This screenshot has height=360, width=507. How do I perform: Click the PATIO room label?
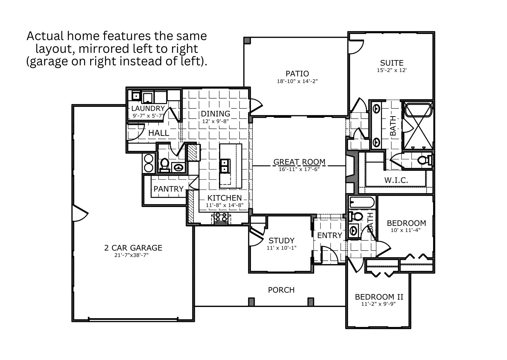pyautogui.click(x=297, y=74)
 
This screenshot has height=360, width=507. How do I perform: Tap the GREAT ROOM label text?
pyautogui.click(x=299, y=162)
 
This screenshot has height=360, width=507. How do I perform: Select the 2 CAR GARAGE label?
pyautogui.click(x=133, y=248)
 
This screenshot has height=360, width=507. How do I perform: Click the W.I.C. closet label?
pyautogui.click(x=396, y=180)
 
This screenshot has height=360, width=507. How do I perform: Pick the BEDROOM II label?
pyautogui.click(x=379, y=297)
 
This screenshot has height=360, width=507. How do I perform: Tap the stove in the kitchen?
pyautogui.click(x=221, y=217)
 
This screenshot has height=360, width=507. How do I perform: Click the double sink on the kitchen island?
pyautogui.click(x=225, y=166)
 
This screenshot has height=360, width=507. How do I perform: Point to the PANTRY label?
pyautogui.click(x=169, y=189)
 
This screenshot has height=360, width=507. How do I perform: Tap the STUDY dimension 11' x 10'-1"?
pyautogui.click(x=281, y=248)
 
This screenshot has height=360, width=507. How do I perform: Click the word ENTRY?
pyautogui.click(x=329, y=235)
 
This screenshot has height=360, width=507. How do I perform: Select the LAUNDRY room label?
pyautogui.click(x=148, y=108)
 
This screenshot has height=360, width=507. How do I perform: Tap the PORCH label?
pyautogui.click(x=281, y=290)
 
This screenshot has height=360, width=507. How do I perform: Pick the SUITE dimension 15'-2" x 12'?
pyautogui.click(x=392, y=70)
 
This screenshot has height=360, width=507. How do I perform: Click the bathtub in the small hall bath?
pyautogui.click(x=362, y=202)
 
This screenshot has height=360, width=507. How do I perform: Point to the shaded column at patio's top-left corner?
pyautogui.click(x=247, y=40)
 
